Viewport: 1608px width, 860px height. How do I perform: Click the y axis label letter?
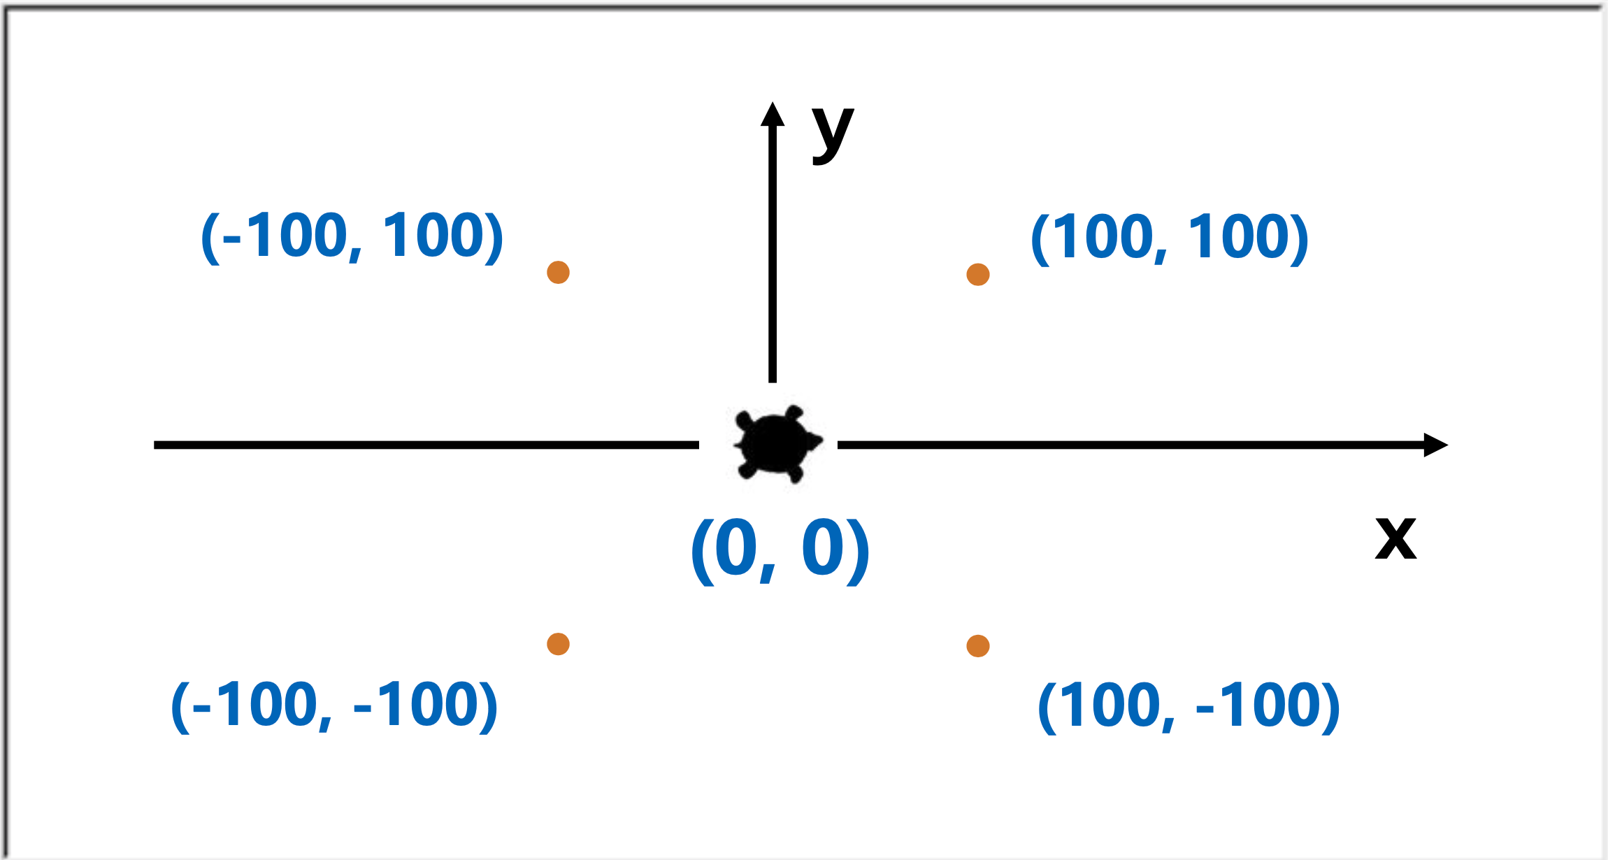point(832,134)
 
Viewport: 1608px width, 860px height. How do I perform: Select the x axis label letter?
point(1395,538)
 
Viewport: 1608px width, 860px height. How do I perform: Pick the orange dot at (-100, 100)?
point(558,272)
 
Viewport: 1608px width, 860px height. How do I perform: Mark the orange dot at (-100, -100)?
point(558,644)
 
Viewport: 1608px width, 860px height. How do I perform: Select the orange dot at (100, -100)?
point(977,646)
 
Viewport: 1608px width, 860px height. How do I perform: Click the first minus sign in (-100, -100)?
point(202,709)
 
